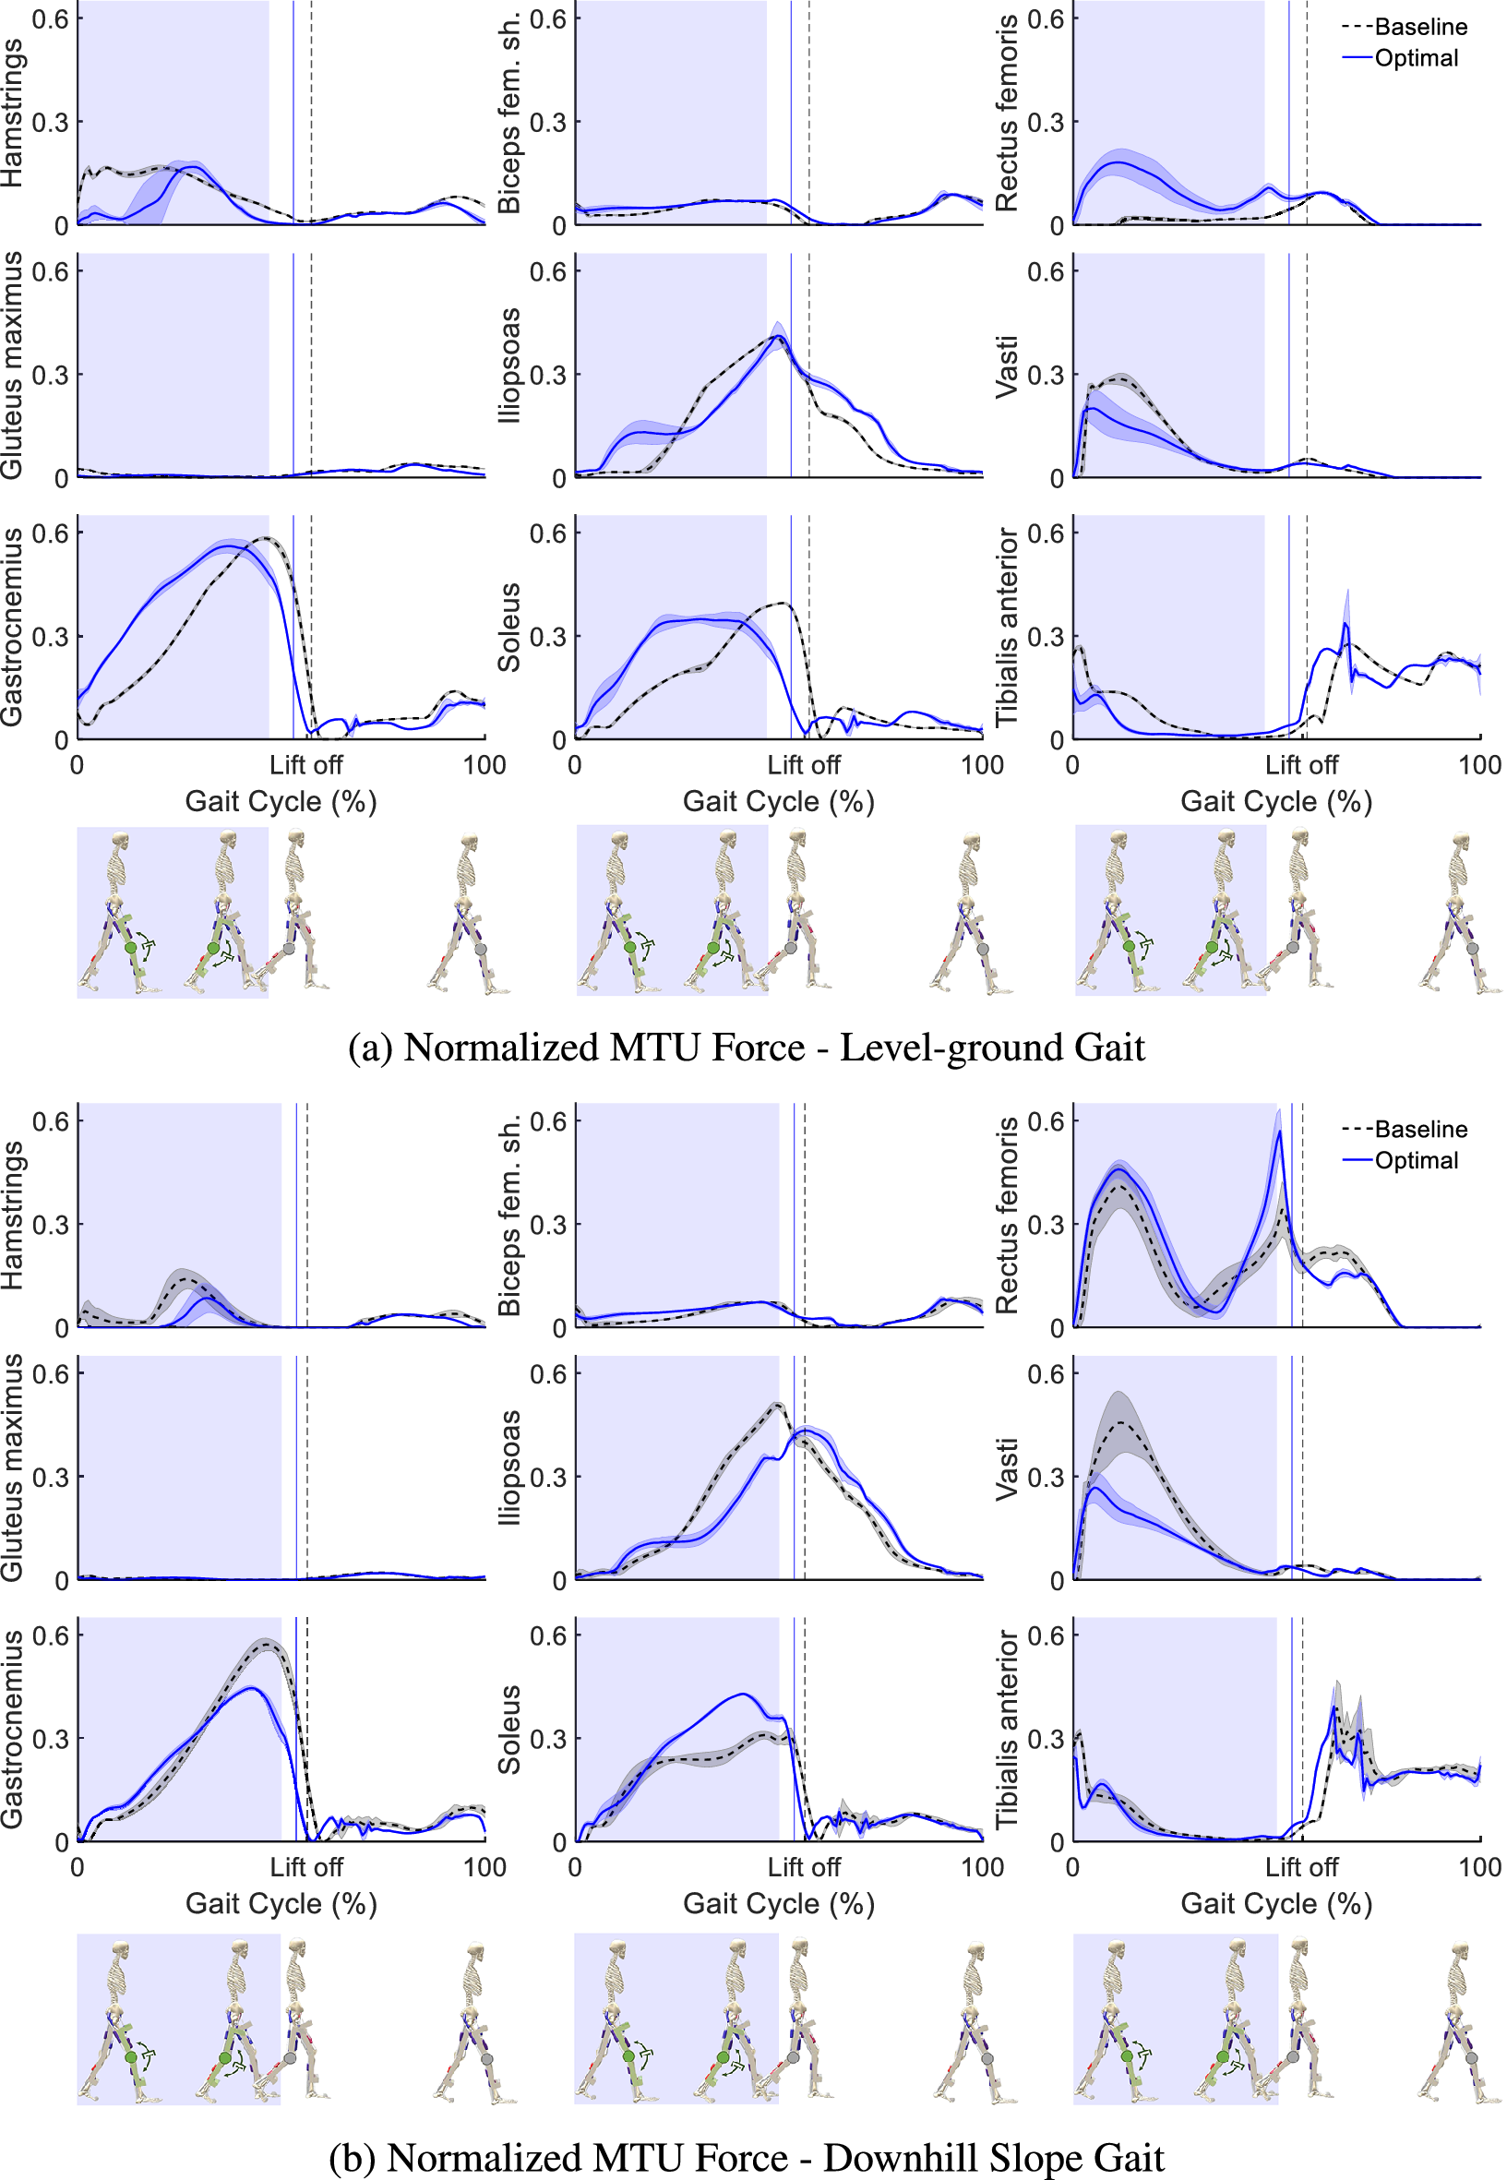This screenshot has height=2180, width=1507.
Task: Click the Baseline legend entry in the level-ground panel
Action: pyautogui.click(x=1404, y=27)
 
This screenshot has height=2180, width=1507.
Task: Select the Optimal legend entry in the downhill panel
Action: pyautogui.click(x=1400, y=1160)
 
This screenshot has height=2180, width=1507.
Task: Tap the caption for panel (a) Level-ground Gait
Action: pyautogui.click(x=746, y=1048)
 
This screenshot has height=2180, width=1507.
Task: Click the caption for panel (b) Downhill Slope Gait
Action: pyautogui.click(x=746, y=2157)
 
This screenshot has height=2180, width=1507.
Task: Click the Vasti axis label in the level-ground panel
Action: pyautogui.click(x=1008, y=366)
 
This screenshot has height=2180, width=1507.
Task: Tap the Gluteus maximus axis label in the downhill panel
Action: pyautogui.click(x=12, y=1467)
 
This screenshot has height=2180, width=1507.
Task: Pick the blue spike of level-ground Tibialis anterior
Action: pyautogui.click(x=1346, y=624)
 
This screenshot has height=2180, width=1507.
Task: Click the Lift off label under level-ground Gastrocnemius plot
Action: pyautogui.click(x=306, y=765)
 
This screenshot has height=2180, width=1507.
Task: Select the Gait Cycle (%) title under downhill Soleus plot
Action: pyautogui.click(x=779, y=1903)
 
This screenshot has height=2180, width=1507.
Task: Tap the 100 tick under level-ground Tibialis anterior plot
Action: pyautogui.click(x=1479, y=765)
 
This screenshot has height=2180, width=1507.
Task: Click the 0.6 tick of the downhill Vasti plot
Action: pyautogui.click(x=1046, y=1373)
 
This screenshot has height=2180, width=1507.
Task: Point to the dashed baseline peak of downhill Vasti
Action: pyautogui.click(x=1121, y=1422)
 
